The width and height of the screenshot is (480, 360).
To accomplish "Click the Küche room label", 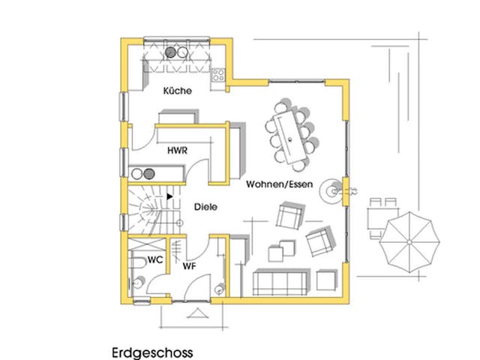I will tap(178, 91).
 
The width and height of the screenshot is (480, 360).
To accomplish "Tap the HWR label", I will tap(177, 151).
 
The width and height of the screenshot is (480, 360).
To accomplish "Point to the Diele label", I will tap(205, 207).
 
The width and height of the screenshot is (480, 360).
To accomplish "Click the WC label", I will tap(155, 259).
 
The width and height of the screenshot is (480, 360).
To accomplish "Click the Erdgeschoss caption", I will tap(152, 351).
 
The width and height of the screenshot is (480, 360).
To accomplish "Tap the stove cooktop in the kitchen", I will tap(219, 74).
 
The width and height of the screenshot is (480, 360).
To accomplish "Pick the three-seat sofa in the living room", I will tap(280, 282).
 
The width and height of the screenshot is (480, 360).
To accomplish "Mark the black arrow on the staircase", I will tap(171, 196).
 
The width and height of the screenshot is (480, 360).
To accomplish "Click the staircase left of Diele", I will tap(151, 209).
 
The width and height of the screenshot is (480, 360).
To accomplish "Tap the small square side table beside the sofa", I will tap(325, 279).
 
